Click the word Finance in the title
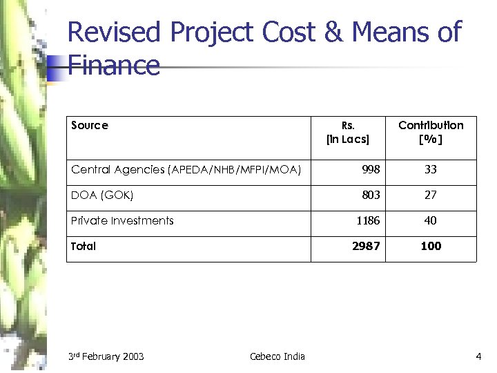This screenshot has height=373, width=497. point(114,66)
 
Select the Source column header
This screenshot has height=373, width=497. point(90,125)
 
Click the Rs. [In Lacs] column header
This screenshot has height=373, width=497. point(348,132)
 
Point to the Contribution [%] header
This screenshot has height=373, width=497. point(431,132)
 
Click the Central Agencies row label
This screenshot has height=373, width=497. point(186,169)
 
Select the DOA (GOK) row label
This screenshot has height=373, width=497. point(102,195)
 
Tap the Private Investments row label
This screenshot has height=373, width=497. point(122,220)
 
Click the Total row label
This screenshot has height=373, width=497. point(84,246)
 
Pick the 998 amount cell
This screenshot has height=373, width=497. point(371,169)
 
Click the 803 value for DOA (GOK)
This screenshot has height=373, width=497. point(371,195)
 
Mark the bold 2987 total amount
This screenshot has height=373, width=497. point(366,246)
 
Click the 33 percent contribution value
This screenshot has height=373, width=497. point(431,169)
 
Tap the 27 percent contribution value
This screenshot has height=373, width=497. point(431,195)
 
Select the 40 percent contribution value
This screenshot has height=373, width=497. point(431,220)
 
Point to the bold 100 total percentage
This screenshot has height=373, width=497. point(431,246)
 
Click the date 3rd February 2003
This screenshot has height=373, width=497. point(106,356)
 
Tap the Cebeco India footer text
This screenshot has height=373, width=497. point(277,356)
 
